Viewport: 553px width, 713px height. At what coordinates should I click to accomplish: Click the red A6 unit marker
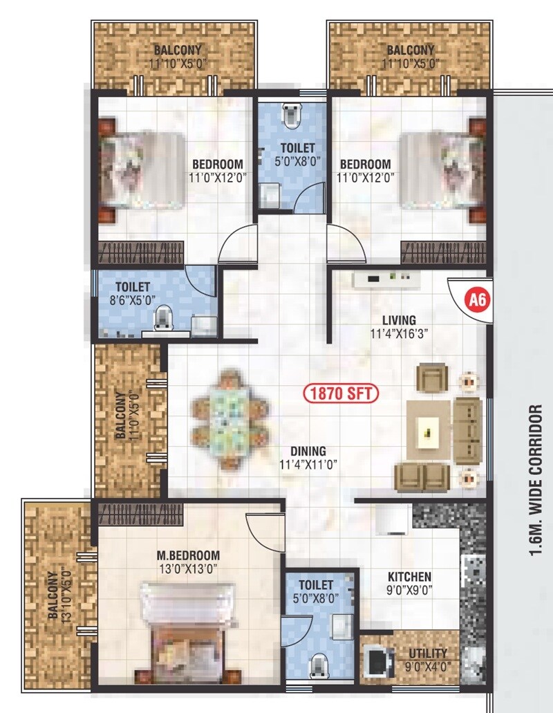pos(475,300)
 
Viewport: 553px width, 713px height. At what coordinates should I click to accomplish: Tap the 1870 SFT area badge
pos(340,393)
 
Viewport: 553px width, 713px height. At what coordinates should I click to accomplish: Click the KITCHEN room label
pos(409,576)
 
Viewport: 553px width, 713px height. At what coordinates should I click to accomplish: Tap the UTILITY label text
pos(427,653)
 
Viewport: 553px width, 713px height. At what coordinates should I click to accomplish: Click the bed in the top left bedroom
pos(142,169)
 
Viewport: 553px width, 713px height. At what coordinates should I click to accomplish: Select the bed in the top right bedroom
pos(442,169)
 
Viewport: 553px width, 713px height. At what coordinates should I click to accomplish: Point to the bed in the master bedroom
pos(183,622)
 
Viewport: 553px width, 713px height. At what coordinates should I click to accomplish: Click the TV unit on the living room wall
pos(386,279)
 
